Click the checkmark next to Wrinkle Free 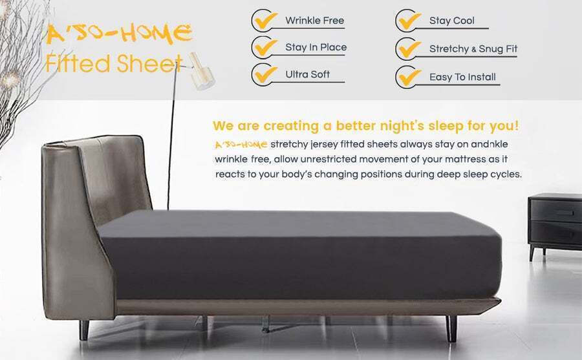click(x=266, y=21)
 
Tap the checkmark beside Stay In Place click(x=266, y=48)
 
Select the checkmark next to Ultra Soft click(x=266, y=74)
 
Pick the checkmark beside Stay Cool click(x=409, y=21)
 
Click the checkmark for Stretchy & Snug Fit click(x=409, y=49)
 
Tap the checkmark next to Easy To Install click(x=409, y=77)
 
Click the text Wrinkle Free click(x=314, y=21)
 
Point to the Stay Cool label click(x=452, y=21)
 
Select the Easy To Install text click(x=462, y=77)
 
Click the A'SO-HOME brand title click(x=119, y=34)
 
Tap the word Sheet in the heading click(x=149, y=63)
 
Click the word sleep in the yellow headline click(x=446, y=126)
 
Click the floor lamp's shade click(x=202, y=72)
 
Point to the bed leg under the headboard click(x=84, y=330)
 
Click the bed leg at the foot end click(x=451, y=328)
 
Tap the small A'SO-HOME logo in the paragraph click(x=241, y=144)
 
